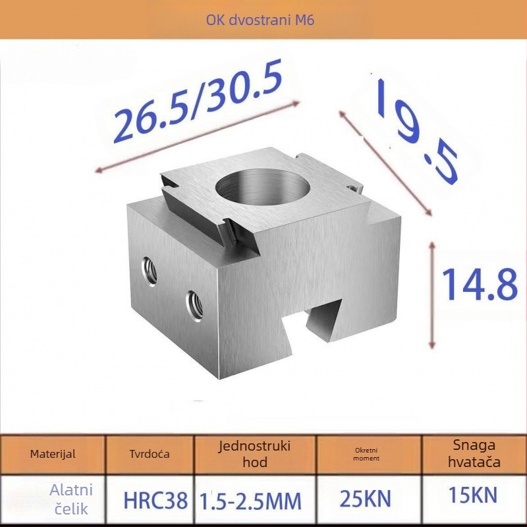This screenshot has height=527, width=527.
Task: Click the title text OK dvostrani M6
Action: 260,20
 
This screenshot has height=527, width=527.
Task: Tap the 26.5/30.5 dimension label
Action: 198,101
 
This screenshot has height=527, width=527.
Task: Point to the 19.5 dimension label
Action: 416,131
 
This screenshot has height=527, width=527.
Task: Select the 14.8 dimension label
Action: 480,285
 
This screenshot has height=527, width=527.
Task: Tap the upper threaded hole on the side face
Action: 150,271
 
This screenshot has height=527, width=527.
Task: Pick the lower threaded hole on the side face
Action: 194,306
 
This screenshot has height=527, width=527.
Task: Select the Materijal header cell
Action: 53,454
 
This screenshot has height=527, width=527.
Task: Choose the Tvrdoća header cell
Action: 150,454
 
